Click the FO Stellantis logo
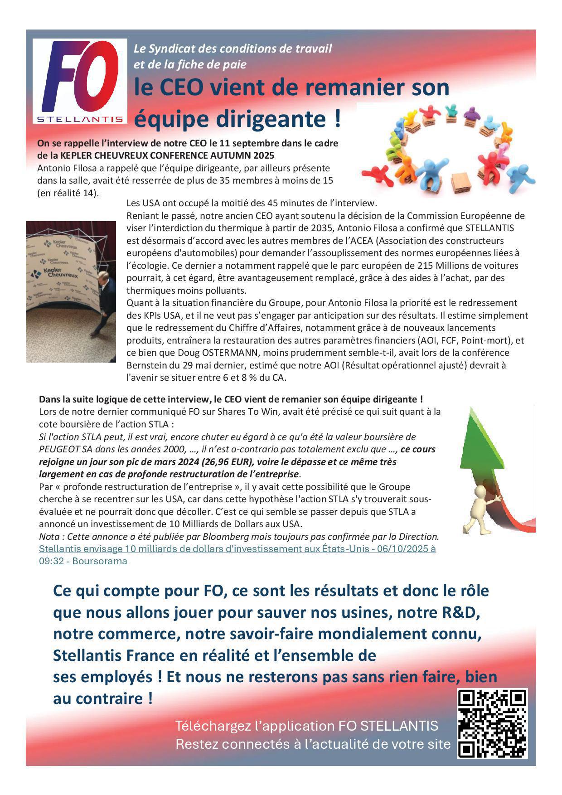[x=80, y=81]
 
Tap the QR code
[x=492, y=723]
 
